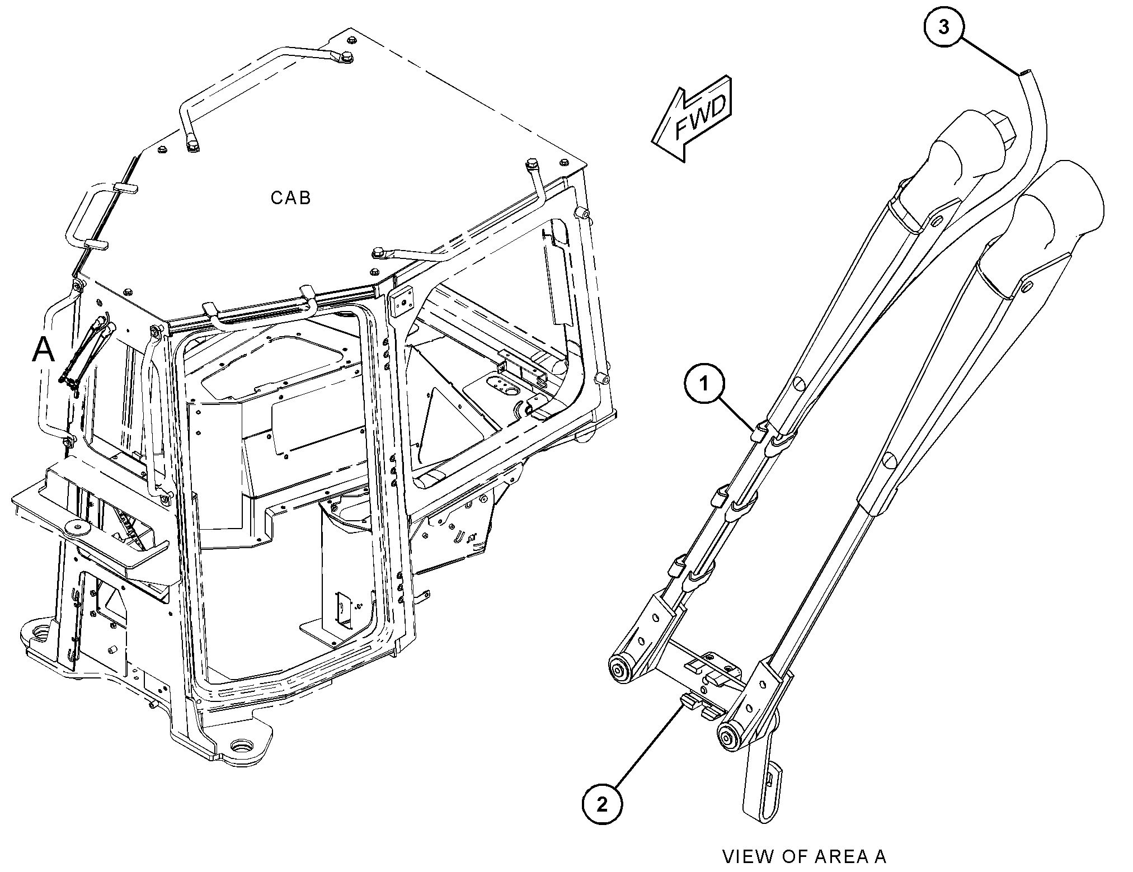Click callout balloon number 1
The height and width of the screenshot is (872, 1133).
click(704, 384)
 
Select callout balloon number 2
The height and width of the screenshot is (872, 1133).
click(603, 804)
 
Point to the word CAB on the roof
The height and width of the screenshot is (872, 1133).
click(290, 197)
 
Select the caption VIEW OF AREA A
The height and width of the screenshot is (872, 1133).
click(805, 856)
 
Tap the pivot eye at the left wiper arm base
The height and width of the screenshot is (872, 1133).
click(619, 669)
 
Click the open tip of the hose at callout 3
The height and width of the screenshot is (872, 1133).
click(1025, 72)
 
